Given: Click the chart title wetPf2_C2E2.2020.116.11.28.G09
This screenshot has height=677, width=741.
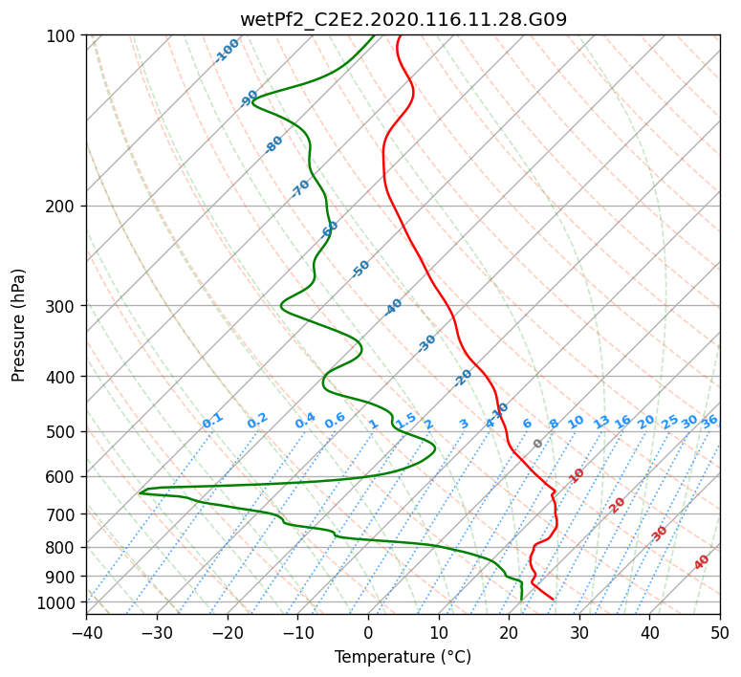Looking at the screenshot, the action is click(x=403, y=20).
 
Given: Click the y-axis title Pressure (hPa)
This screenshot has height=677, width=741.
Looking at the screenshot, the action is click(x=18, y=325).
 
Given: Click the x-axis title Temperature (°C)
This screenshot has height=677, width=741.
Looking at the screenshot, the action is click(x=403, y=657).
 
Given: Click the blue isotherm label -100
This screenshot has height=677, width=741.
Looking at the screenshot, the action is click(x=227, y=51).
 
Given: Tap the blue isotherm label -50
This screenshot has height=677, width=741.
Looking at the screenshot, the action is click(x=360, y=269).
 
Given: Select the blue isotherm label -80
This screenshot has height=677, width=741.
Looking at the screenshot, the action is click(x=273, y=144).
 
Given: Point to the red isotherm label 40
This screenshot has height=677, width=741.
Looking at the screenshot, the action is click(x=701, y=562).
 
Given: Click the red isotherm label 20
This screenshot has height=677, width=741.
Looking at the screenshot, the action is click(x=617, y=506).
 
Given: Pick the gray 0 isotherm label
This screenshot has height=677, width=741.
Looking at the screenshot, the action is click(x=537, y=444).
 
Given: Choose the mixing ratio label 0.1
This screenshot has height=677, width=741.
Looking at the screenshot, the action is click(x=212, y=421).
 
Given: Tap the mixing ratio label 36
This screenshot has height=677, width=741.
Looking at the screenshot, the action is click(x=709, y=422).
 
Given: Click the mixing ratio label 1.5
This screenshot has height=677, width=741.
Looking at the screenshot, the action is click(x=406, y=420).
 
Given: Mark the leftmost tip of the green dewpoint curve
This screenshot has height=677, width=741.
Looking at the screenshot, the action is click(x=139, y=493).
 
